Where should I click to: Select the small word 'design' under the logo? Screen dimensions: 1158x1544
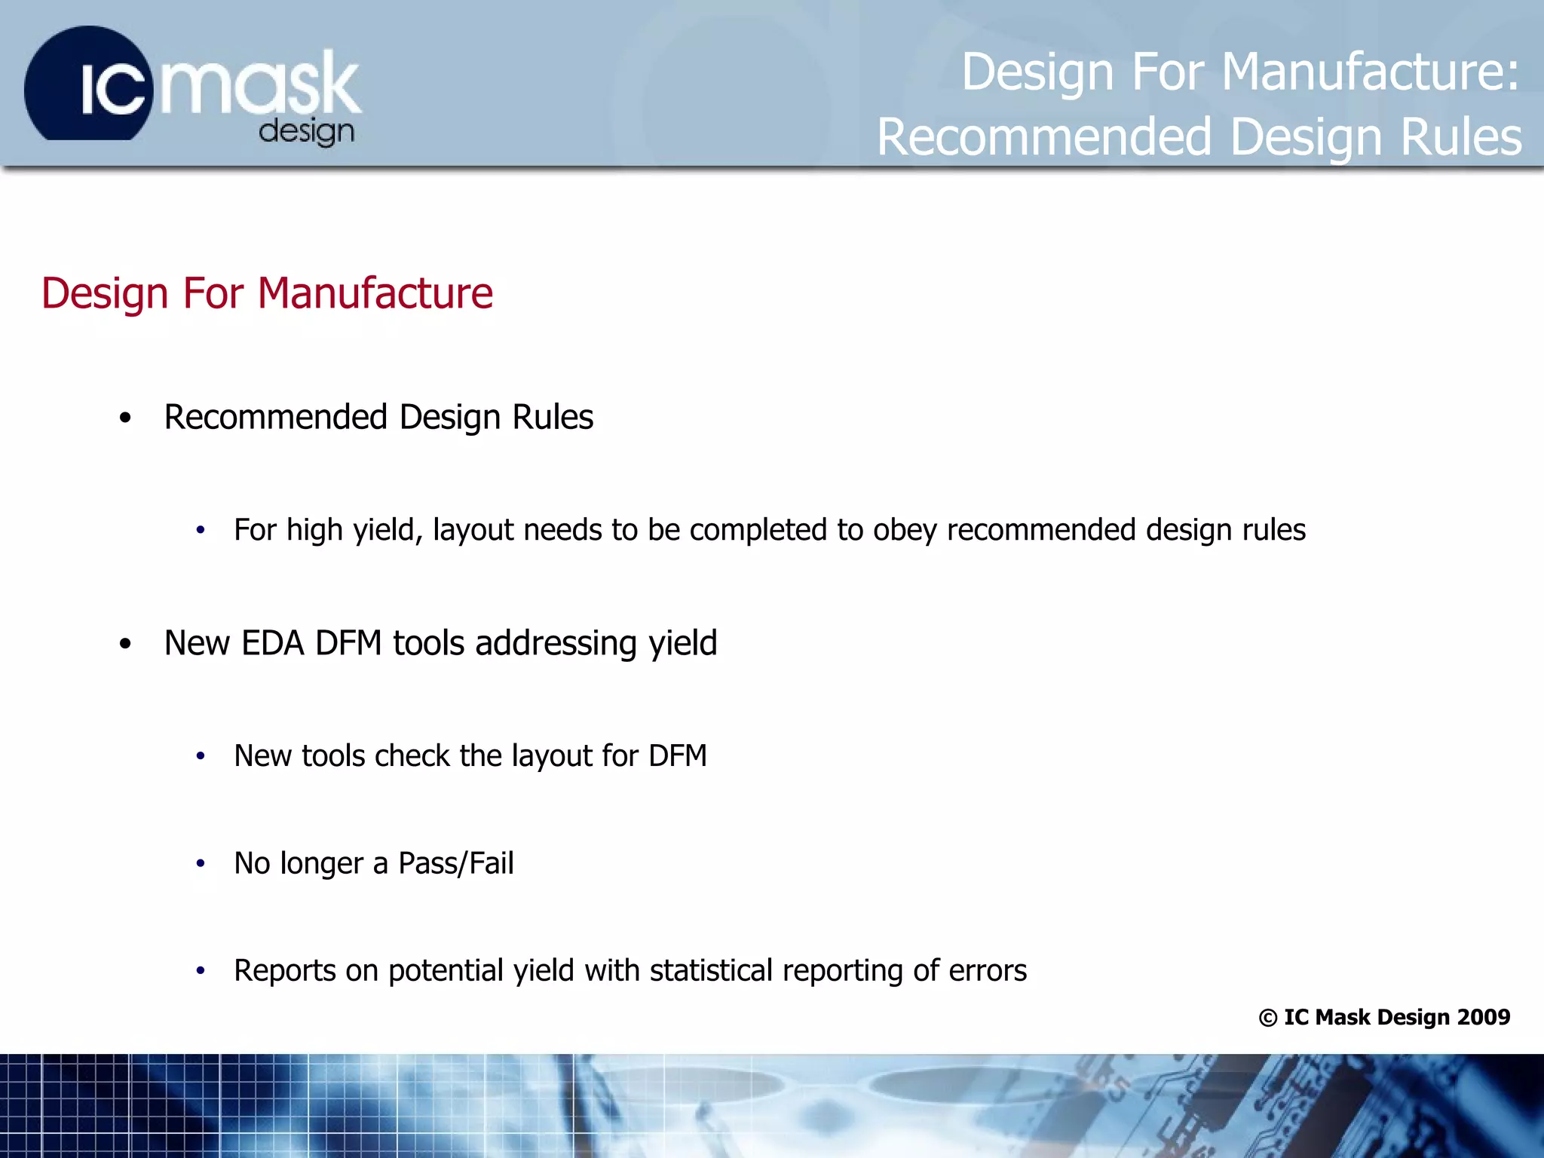tap(306, 132)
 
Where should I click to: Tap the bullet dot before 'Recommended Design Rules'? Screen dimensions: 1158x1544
tap(125, 418)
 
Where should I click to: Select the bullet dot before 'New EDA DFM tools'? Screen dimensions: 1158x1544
tap(125, 644)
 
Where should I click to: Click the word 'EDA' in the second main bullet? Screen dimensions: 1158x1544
tap(272, 643)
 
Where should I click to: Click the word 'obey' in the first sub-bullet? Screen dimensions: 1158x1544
tap(905, 530)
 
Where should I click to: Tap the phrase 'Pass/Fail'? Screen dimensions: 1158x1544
tap(456, 863)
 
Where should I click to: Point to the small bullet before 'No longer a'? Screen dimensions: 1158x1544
tap(201, 864)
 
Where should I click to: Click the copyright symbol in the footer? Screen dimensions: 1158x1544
tap(1267, 1018)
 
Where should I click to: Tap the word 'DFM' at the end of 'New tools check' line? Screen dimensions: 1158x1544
tap(677, 755)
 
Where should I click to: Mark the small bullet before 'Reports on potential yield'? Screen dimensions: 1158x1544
tap(201, 971)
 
